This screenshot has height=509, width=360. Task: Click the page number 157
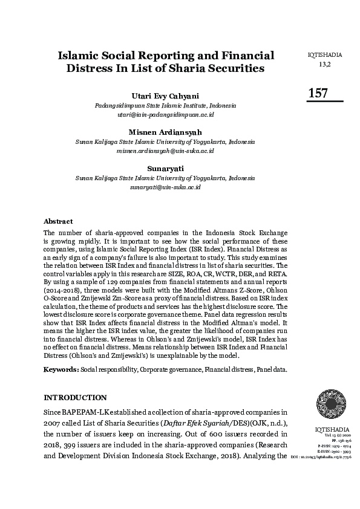(318, 93)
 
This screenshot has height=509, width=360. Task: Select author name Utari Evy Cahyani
(165, 96)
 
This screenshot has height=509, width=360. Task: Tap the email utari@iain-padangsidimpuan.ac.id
(165, 114)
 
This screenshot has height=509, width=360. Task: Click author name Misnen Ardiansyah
(165, 132)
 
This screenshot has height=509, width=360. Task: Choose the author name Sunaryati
(165, 168)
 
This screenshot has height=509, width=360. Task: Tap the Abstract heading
(58, 221)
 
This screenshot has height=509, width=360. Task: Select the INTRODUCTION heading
(75, 398)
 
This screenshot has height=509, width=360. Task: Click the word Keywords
(61, 368)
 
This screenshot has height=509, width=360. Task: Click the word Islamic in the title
(79, 56)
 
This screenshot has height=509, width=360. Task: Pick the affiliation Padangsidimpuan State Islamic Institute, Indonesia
(165, 105)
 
